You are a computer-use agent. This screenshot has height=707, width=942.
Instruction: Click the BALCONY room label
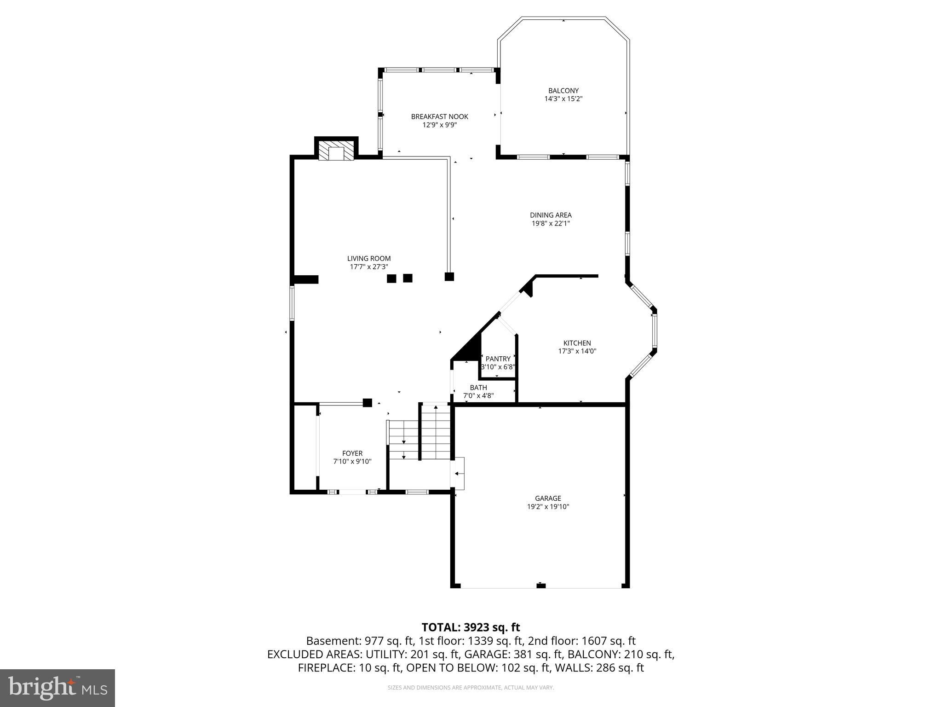click(x=563, y=91)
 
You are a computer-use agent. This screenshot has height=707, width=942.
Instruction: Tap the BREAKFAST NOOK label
click(x=439, y=117)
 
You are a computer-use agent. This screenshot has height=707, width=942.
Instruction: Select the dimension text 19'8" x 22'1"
click(x=551, y=224)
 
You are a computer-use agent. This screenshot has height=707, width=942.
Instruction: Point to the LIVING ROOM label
click(x=369, y=259)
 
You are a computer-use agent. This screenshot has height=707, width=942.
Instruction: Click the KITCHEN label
click(x=577, y=343)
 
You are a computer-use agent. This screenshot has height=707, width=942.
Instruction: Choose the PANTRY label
click(x=498, y=359)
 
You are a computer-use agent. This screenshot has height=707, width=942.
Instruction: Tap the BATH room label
click(x=478, y=388)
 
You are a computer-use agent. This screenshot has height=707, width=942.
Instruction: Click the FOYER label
click(x=352, y=453)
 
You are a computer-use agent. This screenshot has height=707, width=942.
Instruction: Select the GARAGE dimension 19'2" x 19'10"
click(x=548, y=507)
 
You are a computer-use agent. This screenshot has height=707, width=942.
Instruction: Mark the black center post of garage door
click(x=541, y=585)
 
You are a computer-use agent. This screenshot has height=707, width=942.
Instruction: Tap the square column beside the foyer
click(x=367, y=403)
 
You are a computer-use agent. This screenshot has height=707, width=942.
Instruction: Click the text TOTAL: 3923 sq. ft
click(x=471, y=627)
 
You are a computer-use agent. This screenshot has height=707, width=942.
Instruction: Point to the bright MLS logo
click(x=57, y=688)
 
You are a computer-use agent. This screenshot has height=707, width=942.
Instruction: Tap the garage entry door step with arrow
click(x=459, y=473)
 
